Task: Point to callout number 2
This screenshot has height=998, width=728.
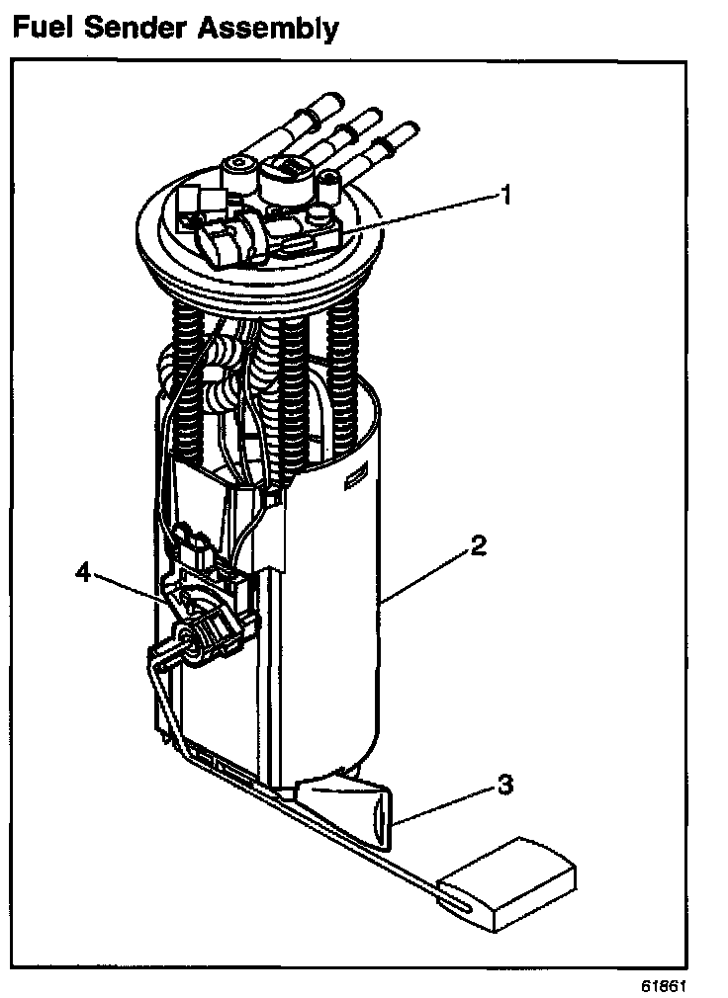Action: [x=478, y=546]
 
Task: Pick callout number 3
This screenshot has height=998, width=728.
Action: [x=504, y=786]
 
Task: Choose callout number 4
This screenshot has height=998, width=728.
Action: [x=85, y=572]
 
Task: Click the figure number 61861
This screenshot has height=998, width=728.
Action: [x=663, y=985]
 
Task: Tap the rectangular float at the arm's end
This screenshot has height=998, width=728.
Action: [x=506, y=881]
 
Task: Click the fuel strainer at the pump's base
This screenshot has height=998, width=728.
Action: [x=346, y=805]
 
